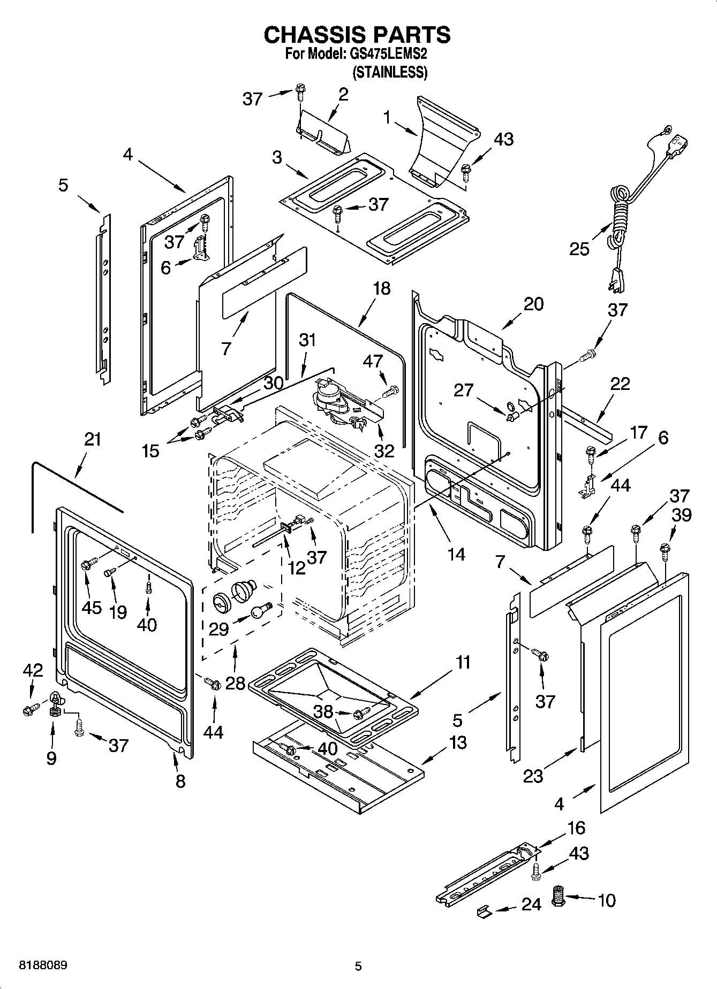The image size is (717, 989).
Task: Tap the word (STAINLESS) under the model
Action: pyautogui.click(x=389, y=72)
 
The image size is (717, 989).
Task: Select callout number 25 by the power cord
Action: pyautogui.click(x=579, y=249)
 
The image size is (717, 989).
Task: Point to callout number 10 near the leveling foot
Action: pyautogui.click(x=606, y=900)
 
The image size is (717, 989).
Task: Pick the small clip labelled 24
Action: pyautogui.click(x=484, y=911)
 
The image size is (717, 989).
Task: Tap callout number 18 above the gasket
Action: pyautogui.click(x=382, y=289)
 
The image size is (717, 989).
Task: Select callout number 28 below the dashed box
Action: pyautogui.click(x=235, y=683)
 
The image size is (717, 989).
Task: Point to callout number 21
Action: pyautogui.click(x=93, y=440)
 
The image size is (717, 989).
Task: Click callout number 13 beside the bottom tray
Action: pyautogui.click(x=458, y=742)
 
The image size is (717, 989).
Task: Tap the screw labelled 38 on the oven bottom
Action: pyautogui.click(x=363, y=712)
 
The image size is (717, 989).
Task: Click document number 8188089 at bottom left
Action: pyautogui.click(x=43, y=965)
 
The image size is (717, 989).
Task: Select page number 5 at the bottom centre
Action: pyautogui.click(x=358, y=966)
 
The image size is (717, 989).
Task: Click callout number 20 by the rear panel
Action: pyautogui.click(x=533, y=304)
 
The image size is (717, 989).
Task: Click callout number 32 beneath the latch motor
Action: pyautogui.click(x=384, y=450)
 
